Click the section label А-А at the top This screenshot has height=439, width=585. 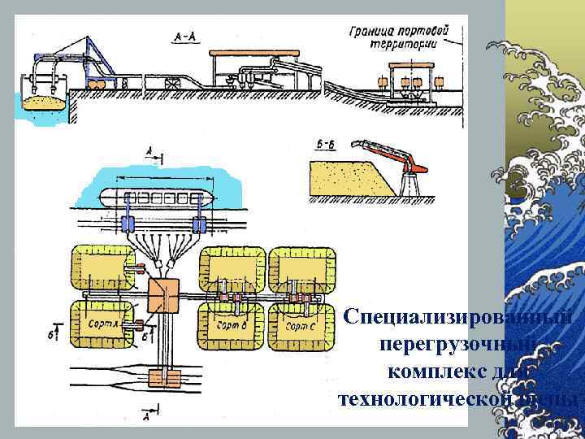183,37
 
